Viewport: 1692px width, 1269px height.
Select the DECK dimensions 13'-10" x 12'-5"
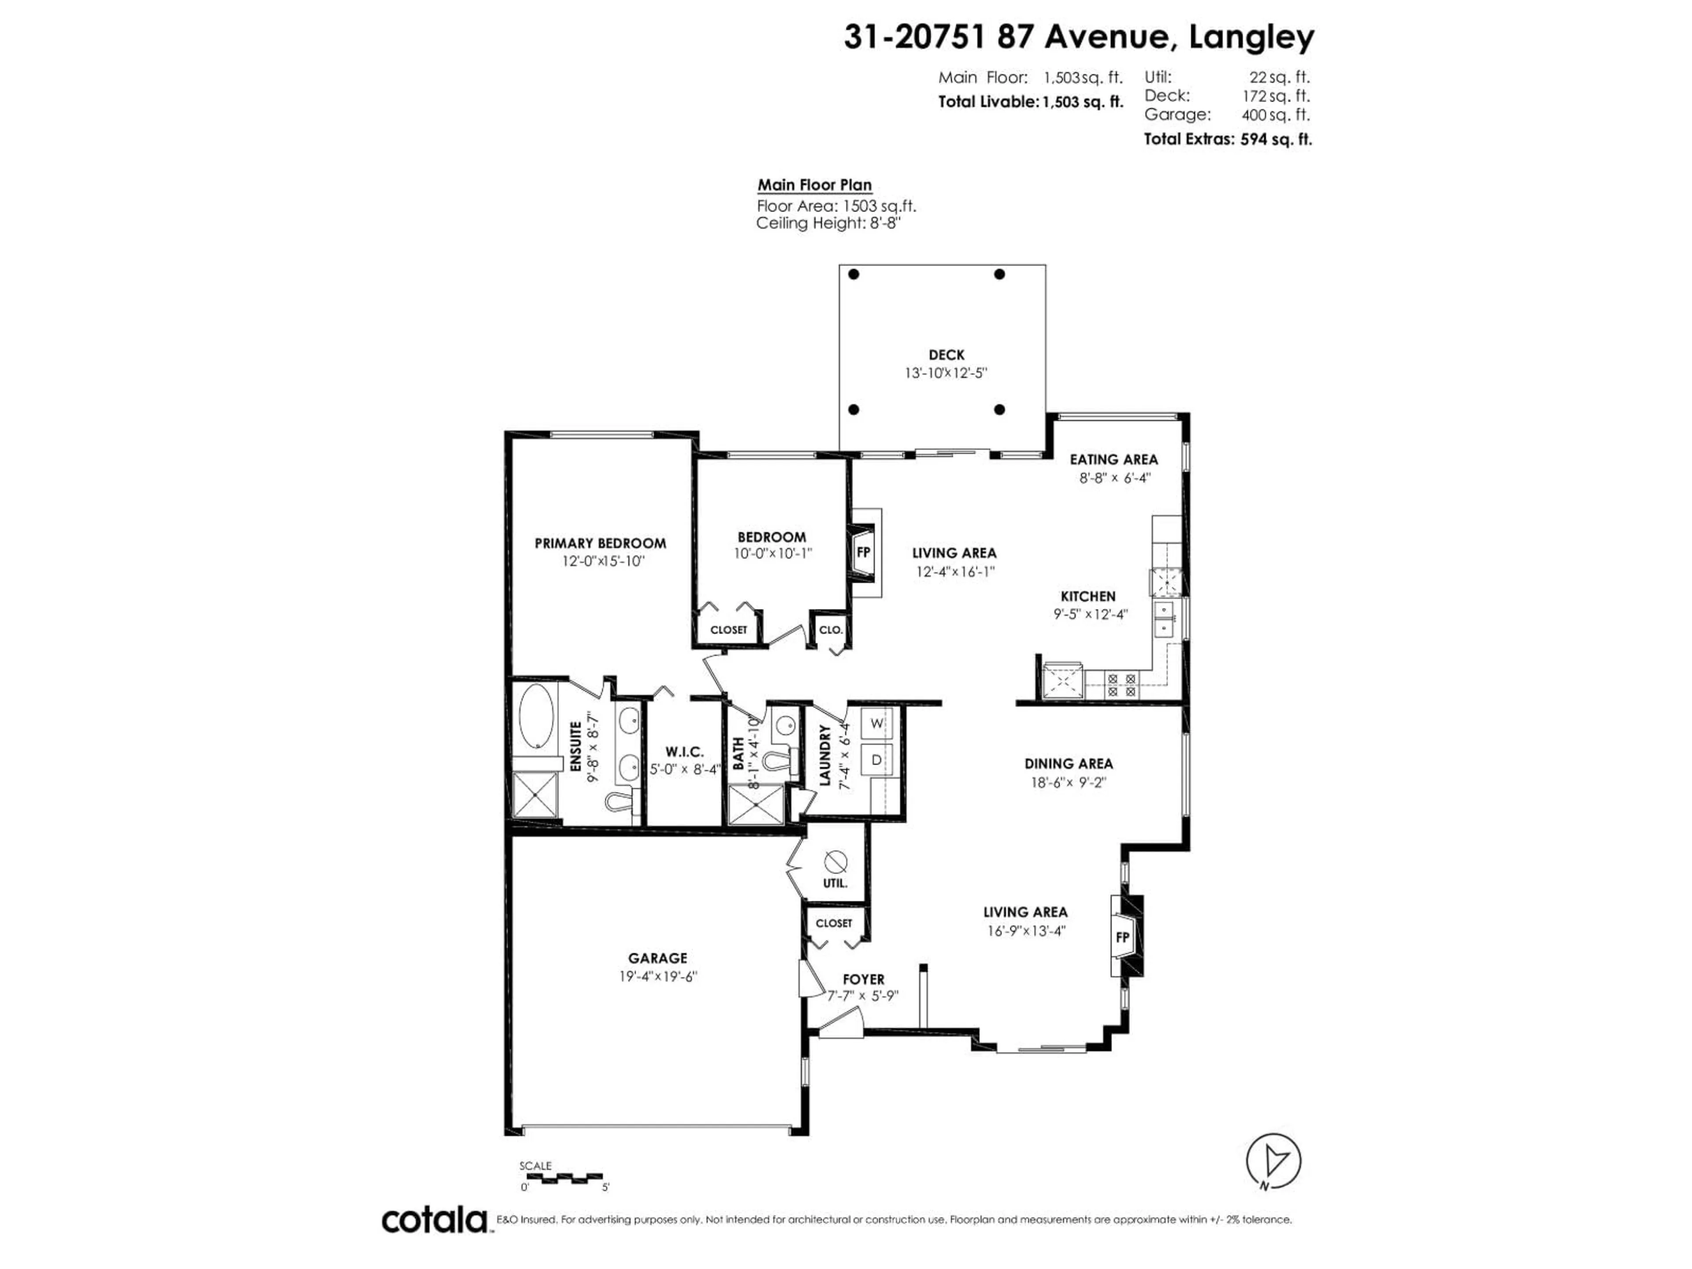tap(946, 373)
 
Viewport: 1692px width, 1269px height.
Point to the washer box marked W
tap(876, 723)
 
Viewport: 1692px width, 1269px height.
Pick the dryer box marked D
tap(876, 760)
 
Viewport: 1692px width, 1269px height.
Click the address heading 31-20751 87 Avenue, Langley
tap(1079, 37)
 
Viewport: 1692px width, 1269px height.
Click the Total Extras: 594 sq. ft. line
tap(1227, 139)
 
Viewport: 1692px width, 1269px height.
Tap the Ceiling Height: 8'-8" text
tap(827, 223)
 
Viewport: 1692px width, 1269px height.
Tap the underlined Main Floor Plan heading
tap(814, 185)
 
